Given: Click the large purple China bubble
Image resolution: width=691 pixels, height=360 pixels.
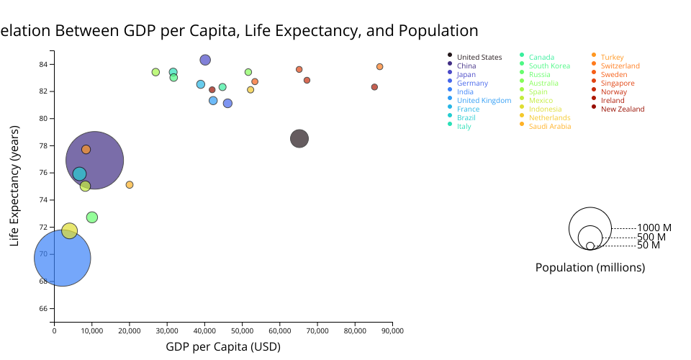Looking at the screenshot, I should click(95, 160).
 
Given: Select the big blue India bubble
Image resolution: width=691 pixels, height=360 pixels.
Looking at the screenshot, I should click(62, 258).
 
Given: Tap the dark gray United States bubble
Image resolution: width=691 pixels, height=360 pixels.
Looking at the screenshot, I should click(299, 139).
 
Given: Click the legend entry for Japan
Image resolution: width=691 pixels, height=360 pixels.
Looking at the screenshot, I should click(466, 74).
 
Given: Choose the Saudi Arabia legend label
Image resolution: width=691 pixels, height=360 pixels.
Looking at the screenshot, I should click(550, 126).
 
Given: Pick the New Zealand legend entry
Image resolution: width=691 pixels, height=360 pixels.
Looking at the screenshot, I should click(623, 109).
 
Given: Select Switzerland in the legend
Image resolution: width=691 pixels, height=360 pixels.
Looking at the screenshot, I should click(620, 66).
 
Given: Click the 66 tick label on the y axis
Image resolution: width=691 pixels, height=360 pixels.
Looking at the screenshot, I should click(42, 308).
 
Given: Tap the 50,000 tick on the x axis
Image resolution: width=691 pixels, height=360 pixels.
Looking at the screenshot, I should click(242, 331).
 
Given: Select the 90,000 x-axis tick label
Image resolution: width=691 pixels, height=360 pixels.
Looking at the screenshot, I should click(392, 331).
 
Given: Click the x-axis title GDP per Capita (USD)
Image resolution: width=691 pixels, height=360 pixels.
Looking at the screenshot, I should click(223, 346).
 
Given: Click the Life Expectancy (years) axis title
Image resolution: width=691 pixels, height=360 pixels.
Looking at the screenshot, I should click(15, 186).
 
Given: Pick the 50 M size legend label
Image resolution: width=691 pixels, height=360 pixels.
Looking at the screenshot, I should click(649, 246).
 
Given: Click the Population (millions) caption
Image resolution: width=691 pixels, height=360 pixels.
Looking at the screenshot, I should click(590, 267).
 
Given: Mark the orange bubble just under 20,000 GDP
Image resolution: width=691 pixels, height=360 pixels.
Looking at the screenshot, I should click(130, 185).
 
